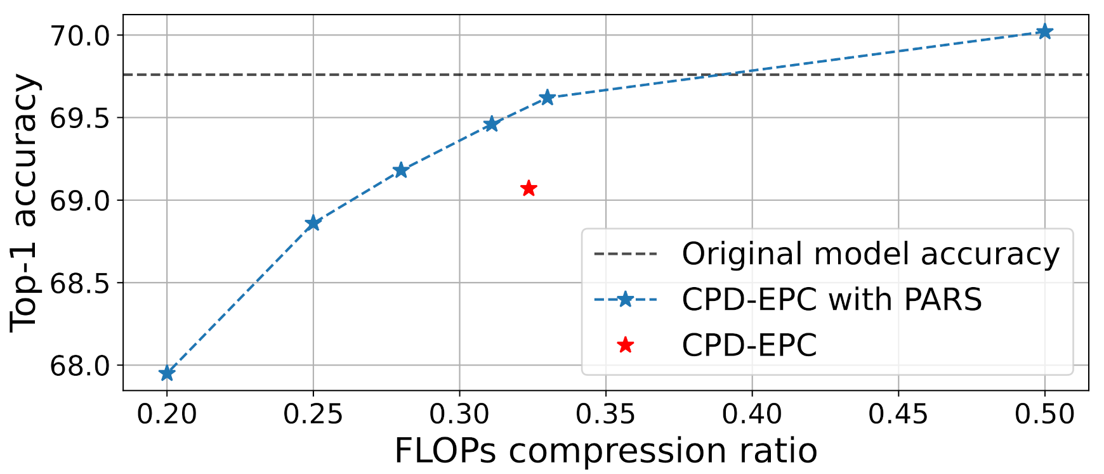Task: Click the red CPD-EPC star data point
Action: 529,188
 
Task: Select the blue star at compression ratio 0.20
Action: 167,373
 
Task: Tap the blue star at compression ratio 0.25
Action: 313,223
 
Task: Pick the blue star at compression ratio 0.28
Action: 400,170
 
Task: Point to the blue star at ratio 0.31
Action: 491,124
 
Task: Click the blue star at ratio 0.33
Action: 547,98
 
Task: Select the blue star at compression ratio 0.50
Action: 1044,32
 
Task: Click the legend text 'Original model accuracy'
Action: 871,254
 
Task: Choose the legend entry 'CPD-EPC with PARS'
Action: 831,300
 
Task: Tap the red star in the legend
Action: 626,345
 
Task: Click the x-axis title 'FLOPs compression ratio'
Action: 605,451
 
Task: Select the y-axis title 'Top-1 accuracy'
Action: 25,203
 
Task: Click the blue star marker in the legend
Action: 626,300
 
